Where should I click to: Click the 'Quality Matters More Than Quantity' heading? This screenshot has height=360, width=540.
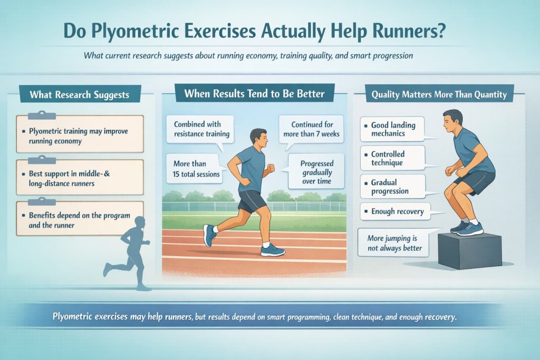(439, 95)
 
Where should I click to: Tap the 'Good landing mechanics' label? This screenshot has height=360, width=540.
(393, 130)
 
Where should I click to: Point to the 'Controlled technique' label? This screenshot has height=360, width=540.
(393, 158)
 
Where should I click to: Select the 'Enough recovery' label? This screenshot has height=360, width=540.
(394, 211)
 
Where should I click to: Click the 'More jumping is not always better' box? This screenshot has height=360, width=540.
(394, 243)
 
